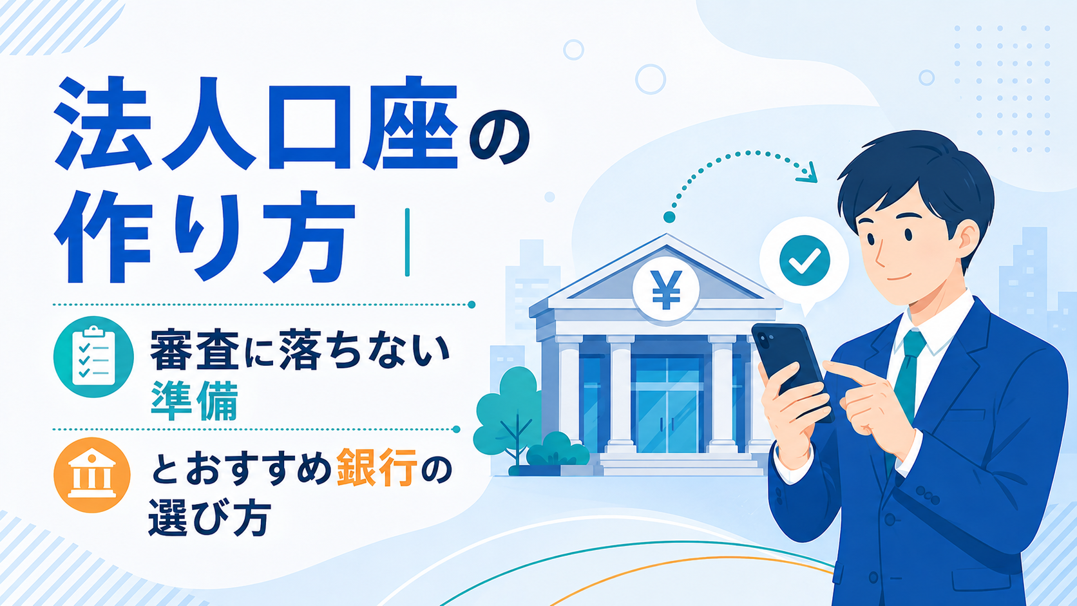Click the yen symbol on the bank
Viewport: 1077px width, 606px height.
point(666,290)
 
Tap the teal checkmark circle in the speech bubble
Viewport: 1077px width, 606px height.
point(805,261)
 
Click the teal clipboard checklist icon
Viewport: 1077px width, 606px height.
point(93,357)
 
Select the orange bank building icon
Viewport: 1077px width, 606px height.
point(92,475)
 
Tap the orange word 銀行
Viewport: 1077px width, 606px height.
point(377,467)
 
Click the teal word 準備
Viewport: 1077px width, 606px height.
point(195,402)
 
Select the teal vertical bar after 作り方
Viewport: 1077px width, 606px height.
point(407,242)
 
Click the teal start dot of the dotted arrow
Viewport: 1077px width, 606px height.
point(669,217)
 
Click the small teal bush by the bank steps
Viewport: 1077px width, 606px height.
point(558,450)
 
